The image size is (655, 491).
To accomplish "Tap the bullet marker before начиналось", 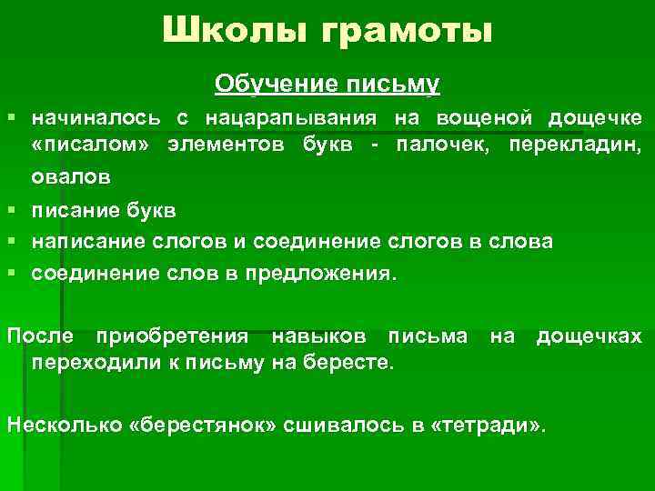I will point(11,118).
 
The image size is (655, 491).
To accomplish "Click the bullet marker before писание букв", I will point(11,210).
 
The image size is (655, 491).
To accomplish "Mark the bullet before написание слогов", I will point(11,242).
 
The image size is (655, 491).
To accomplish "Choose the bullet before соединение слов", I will point(11,274).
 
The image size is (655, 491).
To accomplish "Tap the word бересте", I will point(354,364).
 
